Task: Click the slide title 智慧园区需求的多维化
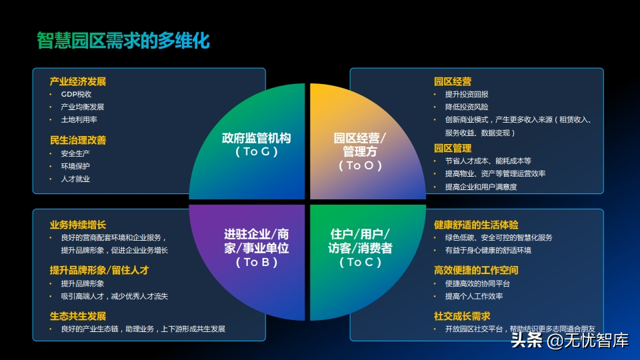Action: [x=123, y=41]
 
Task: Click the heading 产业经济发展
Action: [x=78, y=81]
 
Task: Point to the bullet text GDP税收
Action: [x=76, y=94]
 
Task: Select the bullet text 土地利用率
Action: [x=79, y=119]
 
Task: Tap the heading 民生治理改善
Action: [x=78, y=141]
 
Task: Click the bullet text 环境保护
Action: [x=75, y=166]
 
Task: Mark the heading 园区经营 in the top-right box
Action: [x=453, y=81]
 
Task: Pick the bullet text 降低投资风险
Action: [x=467, y=107]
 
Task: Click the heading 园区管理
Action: [x=453, y=148]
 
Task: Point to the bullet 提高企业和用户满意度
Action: [x=481, y=187]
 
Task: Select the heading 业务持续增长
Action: [x=78, y=225]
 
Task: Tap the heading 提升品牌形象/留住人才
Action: [x=99, y=270]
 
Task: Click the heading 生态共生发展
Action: [x=78, y=316]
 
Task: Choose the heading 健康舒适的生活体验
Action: [x=476, y=225]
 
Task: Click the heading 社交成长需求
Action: [x=462, y=316]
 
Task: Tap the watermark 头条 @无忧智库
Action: [x=570, y=341]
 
